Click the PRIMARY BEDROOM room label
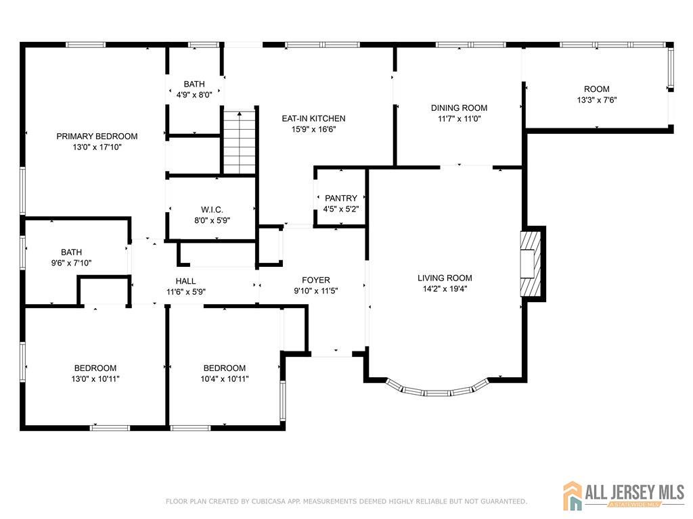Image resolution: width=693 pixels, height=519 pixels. (x=97, y=137)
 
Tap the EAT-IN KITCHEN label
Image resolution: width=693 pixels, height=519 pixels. (x=314, y=118)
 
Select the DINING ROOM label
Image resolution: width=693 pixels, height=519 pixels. (x=460, y=107)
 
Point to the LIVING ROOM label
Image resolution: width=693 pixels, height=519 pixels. (x=445, y=278)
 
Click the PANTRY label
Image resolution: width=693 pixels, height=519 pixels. (x=341, y=198)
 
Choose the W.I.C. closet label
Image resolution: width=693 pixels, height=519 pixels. (x=212, y=209)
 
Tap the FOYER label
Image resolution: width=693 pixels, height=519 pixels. (x=316, y=280)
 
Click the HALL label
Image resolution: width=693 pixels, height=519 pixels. (x=185, y=281)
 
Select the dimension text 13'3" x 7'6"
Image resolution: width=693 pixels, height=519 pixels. (x=597, y=100)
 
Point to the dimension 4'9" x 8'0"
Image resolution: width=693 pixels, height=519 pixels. (x=194, y=95)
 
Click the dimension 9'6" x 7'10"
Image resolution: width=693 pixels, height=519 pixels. (x=71, y=263)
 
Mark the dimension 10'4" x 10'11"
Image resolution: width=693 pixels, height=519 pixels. (x=225, y=378)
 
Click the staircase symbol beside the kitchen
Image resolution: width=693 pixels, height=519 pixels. (x=240, y=142)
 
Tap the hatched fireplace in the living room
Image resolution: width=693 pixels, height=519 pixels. (x=530, y=264)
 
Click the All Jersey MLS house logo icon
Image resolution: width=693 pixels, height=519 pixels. (x=573, y=495)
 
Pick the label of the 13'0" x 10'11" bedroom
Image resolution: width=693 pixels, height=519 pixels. (x=95, y=368)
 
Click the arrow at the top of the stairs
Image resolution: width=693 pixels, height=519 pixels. (x=240, y=114)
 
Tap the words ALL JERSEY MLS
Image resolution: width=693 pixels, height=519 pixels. (x=635, y=492)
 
